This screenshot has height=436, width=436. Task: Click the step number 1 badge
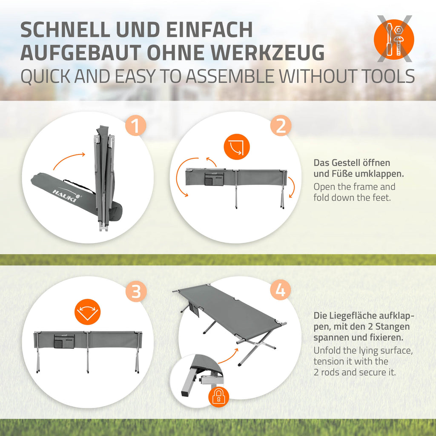[135, 126]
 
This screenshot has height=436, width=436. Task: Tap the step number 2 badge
[281, 126]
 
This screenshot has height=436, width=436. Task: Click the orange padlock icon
[219, 396]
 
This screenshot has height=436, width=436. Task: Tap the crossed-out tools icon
[394, 39]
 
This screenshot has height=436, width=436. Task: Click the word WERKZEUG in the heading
[268, 52]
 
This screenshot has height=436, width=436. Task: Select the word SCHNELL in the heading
[65, 29]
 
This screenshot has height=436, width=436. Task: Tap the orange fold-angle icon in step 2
[237, 147]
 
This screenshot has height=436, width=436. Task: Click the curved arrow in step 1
[69, 159]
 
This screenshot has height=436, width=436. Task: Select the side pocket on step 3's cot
[64, 341]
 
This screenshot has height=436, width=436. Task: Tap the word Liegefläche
[353, 316]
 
